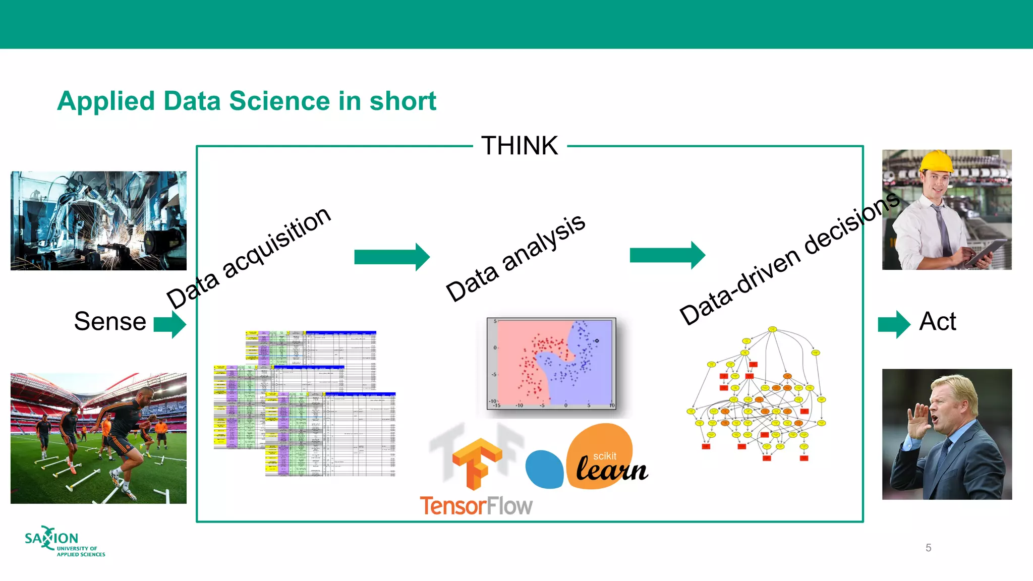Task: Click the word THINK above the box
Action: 520,146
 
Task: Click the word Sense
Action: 110,321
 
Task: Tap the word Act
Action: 937,321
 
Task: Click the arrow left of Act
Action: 894,324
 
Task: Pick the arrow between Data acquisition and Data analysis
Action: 392,257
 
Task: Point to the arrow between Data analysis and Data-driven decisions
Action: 667,255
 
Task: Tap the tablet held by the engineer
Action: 986,252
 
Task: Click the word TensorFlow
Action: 476,506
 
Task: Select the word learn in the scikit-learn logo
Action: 611,470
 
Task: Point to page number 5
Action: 928,548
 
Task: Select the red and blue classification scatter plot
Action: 551,363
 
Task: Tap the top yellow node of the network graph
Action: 772,329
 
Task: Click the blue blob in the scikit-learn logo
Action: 544,470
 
